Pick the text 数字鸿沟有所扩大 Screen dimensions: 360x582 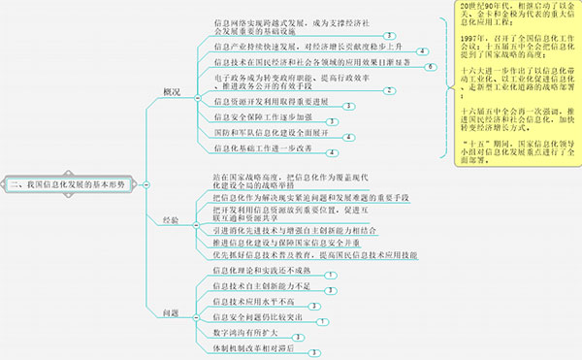pos(248,333)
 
